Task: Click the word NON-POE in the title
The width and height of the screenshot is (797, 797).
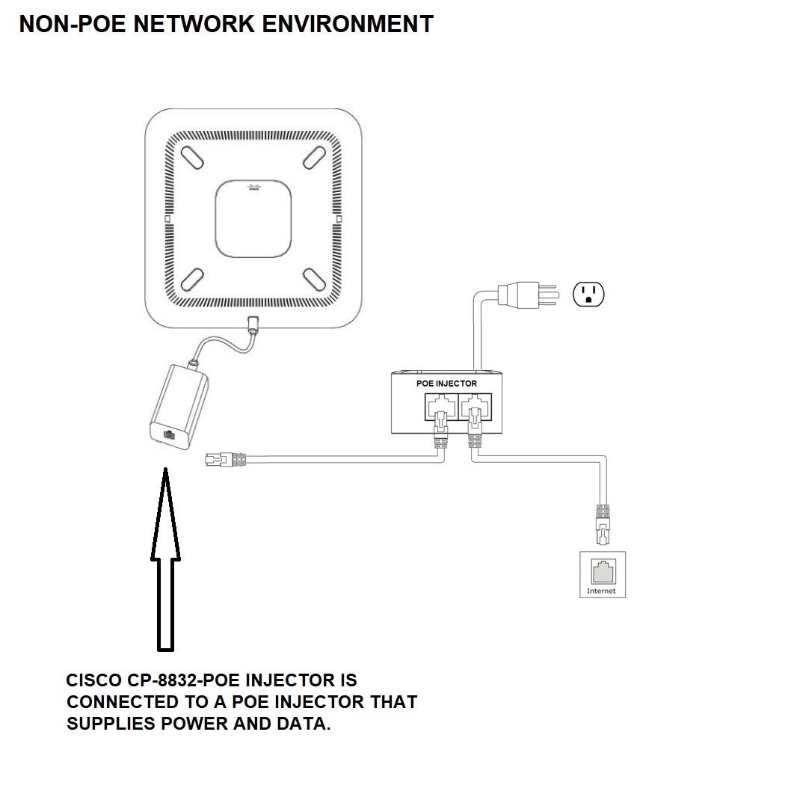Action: click(x=73, y=24)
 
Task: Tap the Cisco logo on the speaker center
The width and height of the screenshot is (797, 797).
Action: click(x=253, y=187)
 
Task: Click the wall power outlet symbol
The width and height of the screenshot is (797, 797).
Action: click(x=588, y=294)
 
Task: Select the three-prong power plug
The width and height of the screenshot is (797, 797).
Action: click(x=528, y=295)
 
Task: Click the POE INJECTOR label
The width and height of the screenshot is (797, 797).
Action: click(x=446, y=384)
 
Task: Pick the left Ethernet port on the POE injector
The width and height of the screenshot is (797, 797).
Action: click(x=441, y=406)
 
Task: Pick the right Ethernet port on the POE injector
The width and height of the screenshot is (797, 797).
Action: click(x=475, y=406)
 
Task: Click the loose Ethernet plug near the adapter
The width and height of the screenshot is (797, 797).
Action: click(x=225, y=460)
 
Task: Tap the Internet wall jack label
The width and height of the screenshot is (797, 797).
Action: click(x=601, y=591)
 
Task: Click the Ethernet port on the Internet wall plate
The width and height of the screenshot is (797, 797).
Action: click(x=603, y=571)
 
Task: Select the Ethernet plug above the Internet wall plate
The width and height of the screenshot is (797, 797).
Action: click(x=603, y=524)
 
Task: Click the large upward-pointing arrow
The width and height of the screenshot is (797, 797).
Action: click(x=165, y=559)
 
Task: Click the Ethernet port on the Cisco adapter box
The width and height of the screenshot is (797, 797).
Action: click(x=169, y=434)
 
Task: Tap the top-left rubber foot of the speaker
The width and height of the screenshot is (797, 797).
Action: click(x=192, y=158)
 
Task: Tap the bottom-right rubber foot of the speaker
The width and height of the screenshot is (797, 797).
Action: click(x=315, y=280)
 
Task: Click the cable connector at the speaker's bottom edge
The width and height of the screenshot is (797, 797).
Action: click(x=253, y=324)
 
